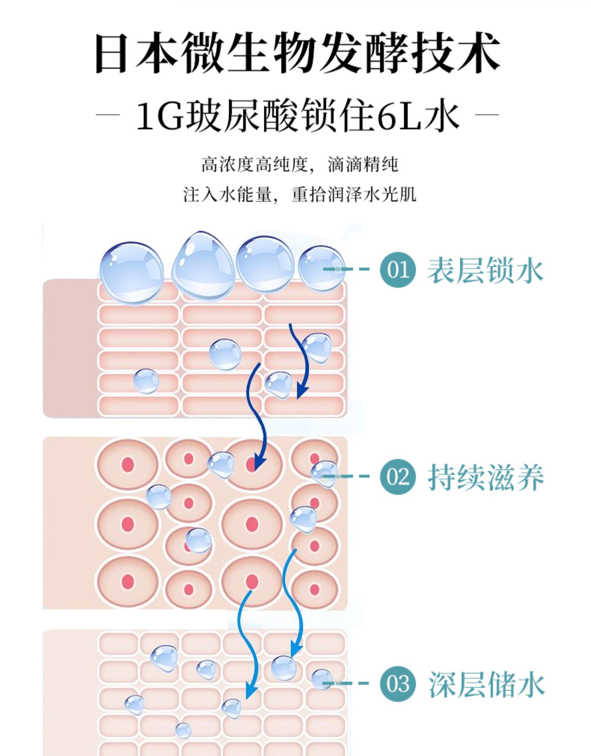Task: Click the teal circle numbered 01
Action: coord(397,269)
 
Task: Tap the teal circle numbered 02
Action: coord(397,476)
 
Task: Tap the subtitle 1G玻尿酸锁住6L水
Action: coord(298,116)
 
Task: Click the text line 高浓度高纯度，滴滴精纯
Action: coord(299,165)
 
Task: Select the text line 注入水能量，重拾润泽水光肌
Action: coord(299,195)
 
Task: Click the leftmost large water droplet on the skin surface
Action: coord(132,272)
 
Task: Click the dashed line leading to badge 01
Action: coord(346,269)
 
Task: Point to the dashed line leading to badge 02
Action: coord(346,476)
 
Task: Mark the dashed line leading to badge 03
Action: coord(346,684)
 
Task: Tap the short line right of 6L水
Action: coord(487,115)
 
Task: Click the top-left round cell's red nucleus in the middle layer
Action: coord(127,465)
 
